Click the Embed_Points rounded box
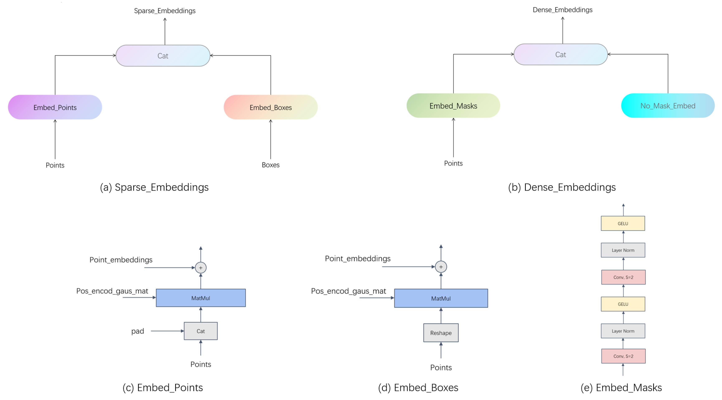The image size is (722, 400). click(55, 107)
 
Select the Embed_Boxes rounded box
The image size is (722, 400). click(271, 107)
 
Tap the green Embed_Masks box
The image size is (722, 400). click(453, 106)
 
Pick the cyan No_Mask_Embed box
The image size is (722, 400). click(668, 106)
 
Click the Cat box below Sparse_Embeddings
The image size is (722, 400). click(163, 56)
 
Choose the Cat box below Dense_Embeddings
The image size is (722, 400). click(561, 55)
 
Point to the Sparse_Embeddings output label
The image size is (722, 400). click(165, 11)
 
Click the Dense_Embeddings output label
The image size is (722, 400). click(562, 10)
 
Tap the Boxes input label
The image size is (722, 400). click(271, 165)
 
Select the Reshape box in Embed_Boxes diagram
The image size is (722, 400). click(441, 333)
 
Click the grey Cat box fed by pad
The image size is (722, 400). click(201, 331)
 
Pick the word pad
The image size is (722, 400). click(138, 331)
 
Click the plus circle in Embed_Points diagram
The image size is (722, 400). click(201, 268)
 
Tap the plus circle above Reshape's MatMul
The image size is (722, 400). click(441, 267)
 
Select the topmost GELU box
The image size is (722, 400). click(623, 223)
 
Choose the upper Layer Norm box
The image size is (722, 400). click(623, 250)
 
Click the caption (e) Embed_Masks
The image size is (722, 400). click(621, 388)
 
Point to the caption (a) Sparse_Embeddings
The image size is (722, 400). click(154, 187)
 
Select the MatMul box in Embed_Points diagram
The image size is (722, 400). click(201, 298)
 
